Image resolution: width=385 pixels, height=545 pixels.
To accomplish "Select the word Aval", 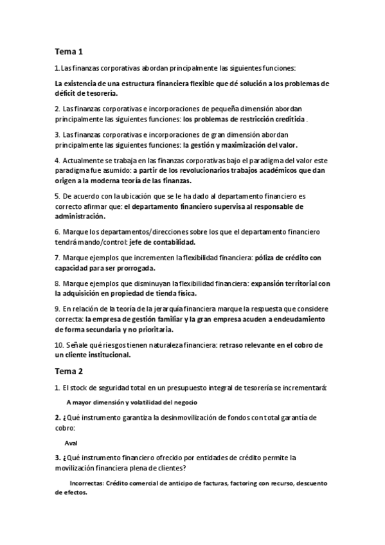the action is (71, 443).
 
